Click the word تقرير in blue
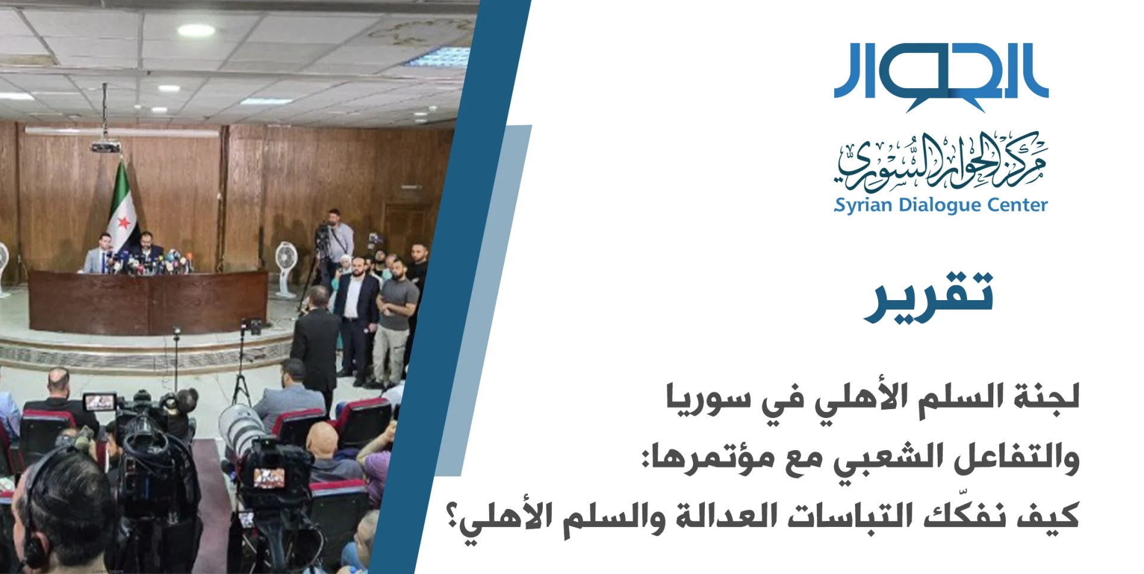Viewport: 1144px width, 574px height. click(x=928, y=296)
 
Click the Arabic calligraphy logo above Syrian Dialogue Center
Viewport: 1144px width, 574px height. click(x=940, y=161)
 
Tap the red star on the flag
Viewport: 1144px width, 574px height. click(x=123, y=223)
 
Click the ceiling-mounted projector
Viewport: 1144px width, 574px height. click(x=105, y=145)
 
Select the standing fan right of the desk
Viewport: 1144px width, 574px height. click(x=286, y=269)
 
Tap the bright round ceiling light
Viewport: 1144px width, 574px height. click(x=196, y=30)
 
